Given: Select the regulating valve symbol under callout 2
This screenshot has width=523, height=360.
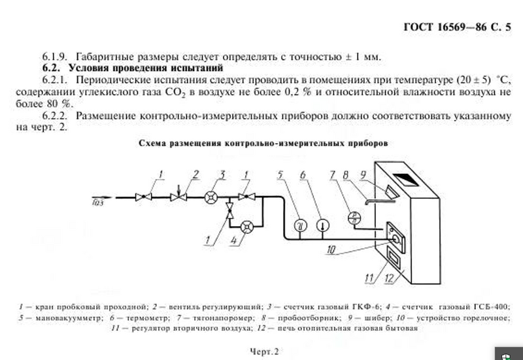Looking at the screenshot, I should [176, 195].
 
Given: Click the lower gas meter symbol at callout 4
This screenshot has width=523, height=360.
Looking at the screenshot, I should [246, 226].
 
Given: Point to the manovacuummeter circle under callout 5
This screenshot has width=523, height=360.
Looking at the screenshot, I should [300, 225].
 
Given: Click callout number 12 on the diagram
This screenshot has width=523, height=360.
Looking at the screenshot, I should [391, 279].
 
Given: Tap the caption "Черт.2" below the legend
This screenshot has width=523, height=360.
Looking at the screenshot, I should [264, 352].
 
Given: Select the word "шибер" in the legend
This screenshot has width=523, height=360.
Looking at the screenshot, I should [394, 318].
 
